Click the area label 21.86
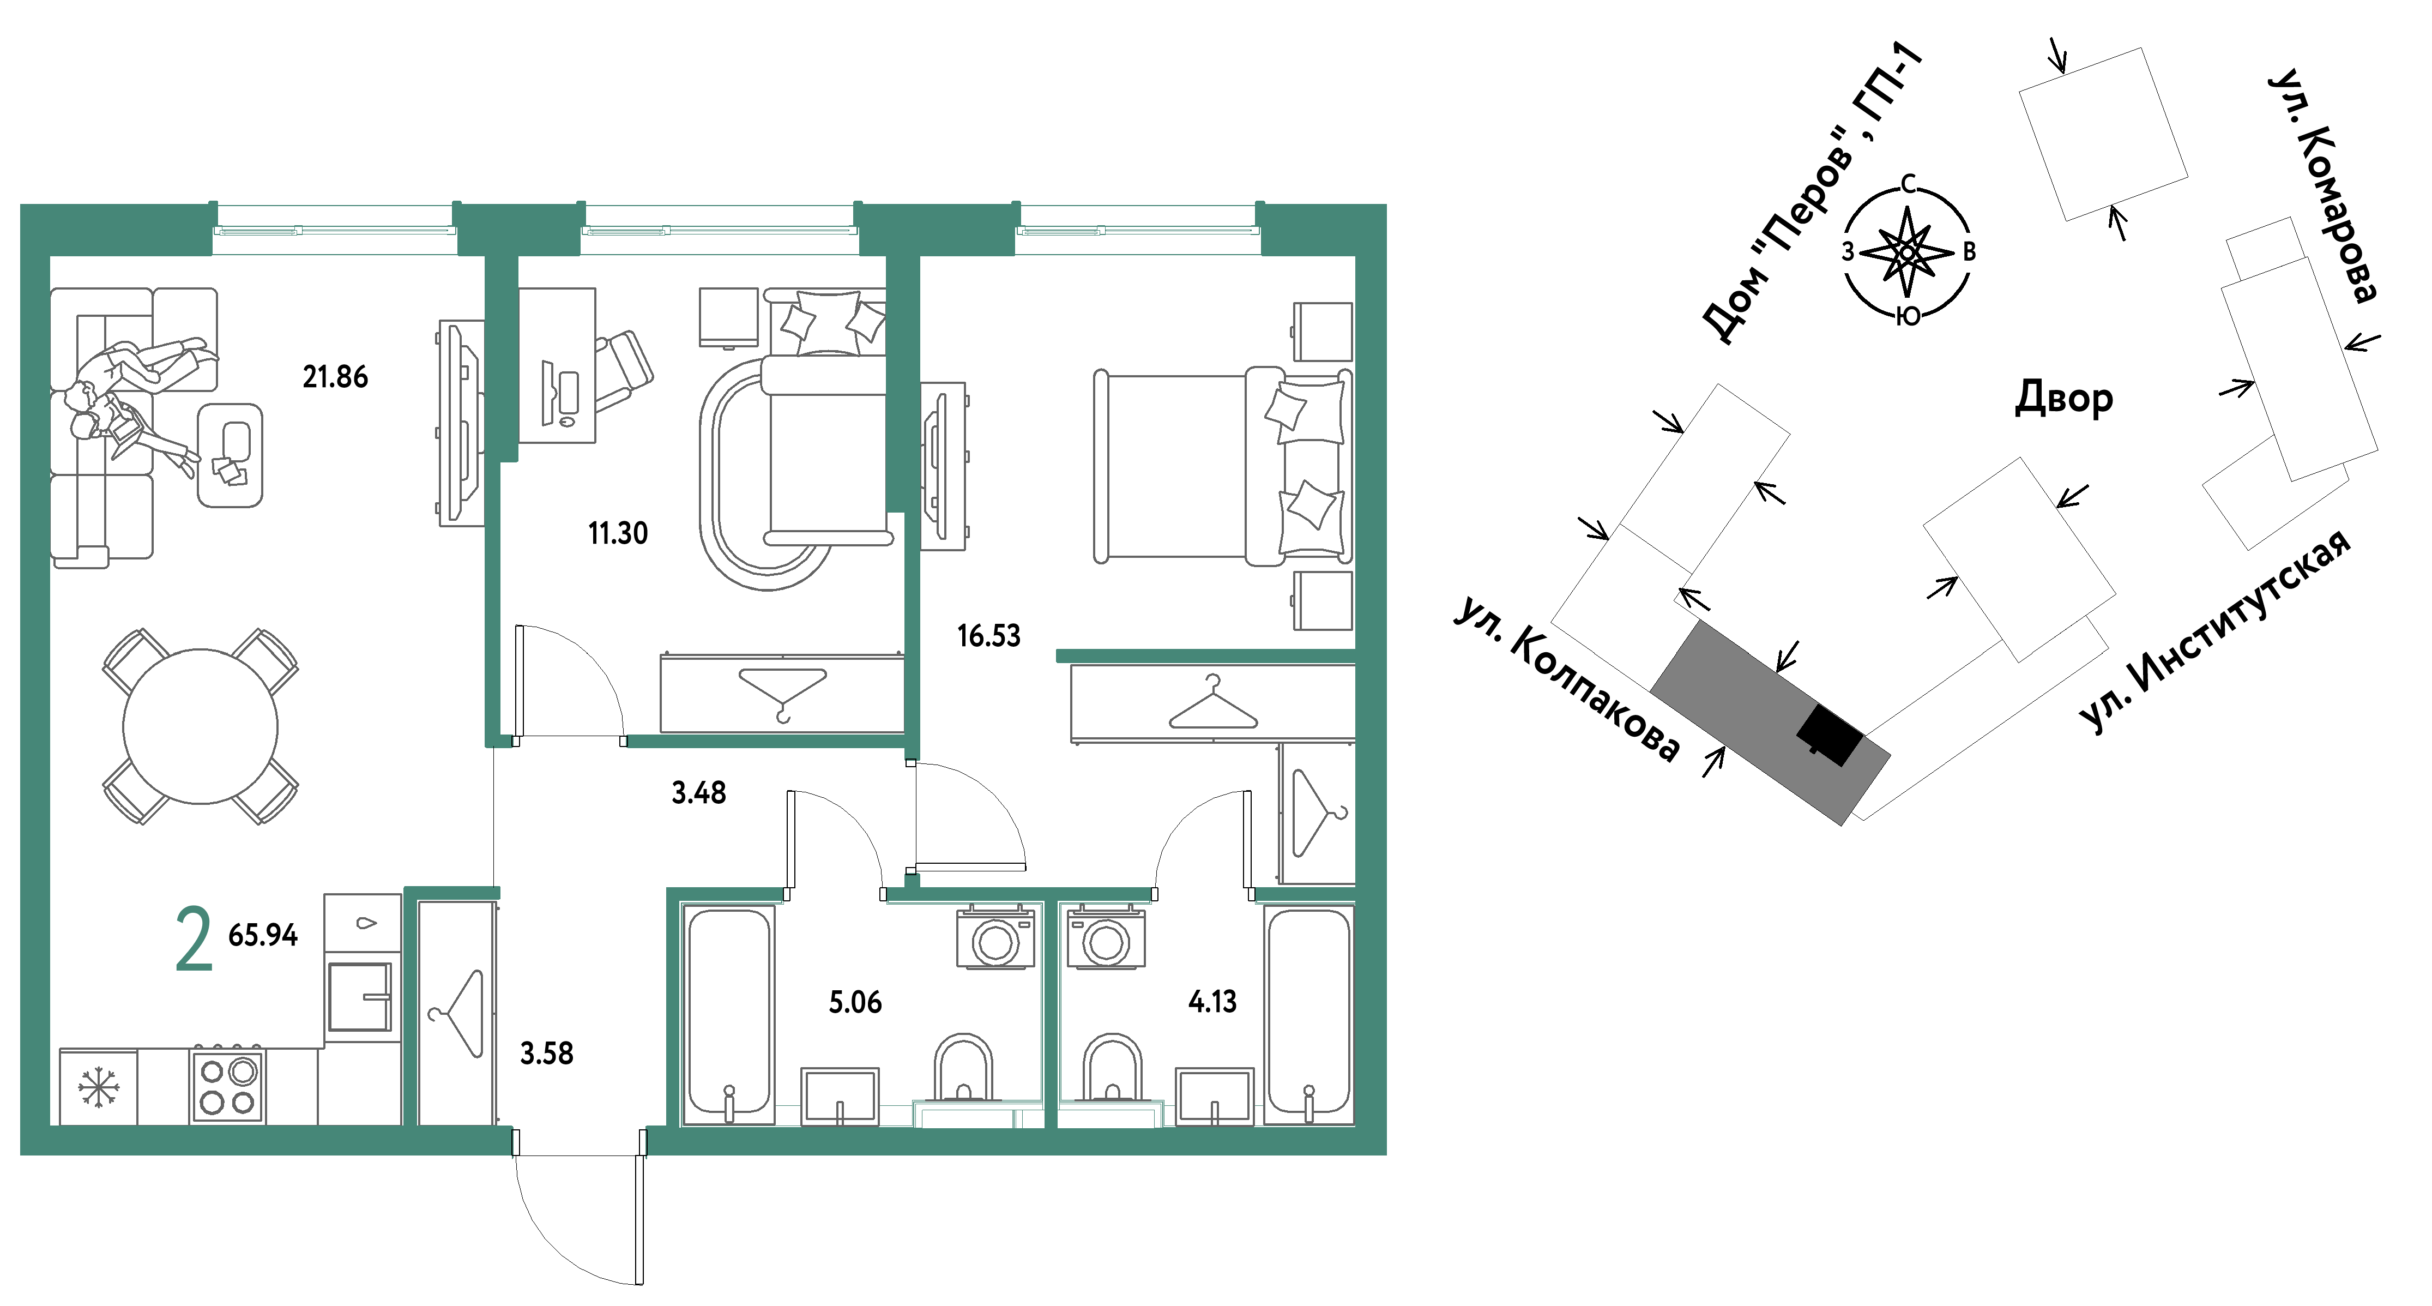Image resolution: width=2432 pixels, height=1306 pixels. [x=335, y=377]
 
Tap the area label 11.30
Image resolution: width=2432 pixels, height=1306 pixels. [x=618, y=533]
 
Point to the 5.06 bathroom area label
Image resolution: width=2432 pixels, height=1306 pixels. [x=855, y=1002]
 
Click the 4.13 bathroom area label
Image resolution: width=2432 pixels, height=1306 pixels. [x=1212, y=1001]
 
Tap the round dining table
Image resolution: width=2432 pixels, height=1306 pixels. [x=200, y=726]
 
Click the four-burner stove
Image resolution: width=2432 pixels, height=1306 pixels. [x=227, y=1086]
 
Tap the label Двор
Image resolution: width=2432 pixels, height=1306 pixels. [x=2064, y=398]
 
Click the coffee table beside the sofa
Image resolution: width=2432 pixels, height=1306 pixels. [x=231, y=455]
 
